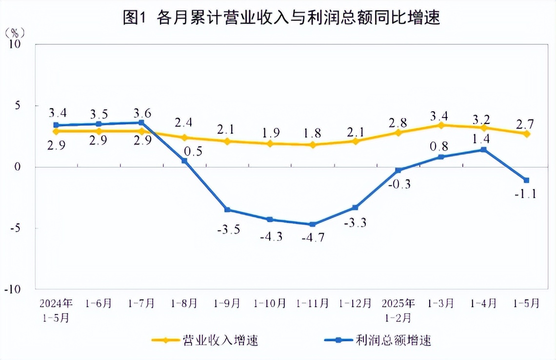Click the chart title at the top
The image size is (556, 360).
281,18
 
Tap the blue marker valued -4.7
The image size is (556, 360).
313,224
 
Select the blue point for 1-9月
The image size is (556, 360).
227,210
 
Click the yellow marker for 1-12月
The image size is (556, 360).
356,141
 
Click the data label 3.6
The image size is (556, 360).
141,114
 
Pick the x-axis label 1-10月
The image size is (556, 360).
270,303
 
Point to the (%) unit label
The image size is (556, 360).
14,33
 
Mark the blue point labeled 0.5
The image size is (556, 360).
184,160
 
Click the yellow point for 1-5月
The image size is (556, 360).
527,134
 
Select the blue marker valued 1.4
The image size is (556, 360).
484,150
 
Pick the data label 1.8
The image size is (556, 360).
312,133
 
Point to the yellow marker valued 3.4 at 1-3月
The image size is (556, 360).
441,125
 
